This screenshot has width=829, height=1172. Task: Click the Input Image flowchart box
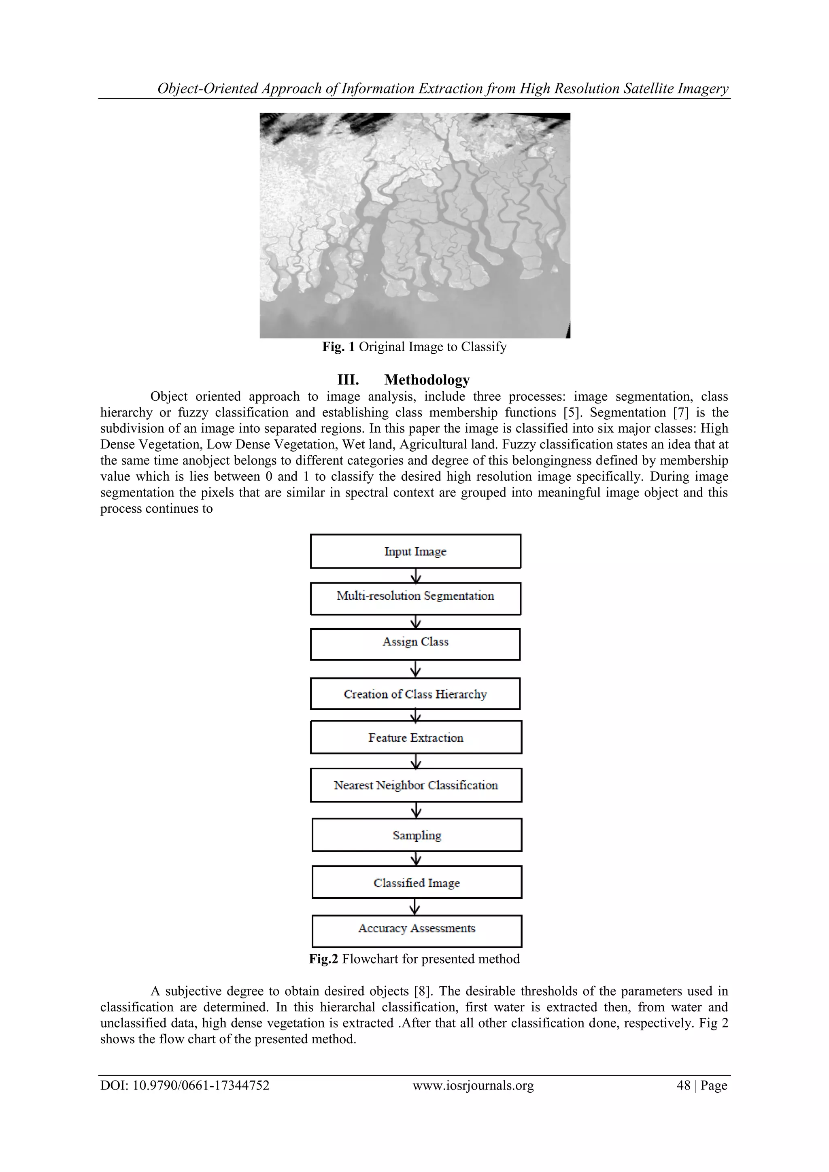pyautogui.click(x=416, y=551)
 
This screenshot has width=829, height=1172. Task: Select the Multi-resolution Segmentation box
pyautogui.click(x=416, y=598)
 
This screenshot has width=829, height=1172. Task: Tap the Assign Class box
pyautogui.click(x=416, y=644)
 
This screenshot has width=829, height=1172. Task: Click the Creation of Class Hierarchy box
pyautogui.click(x=416, y=694)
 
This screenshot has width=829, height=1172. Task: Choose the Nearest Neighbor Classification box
pyautogui.click(x=416, y=785)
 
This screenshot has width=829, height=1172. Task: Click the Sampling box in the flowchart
pyautogui.click(x=417, y=835)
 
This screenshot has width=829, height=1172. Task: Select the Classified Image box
pyautogui.click(x=417, y=883)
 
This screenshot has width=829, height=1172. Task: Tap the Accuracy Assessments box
pyautogui.click(x=417, y=931)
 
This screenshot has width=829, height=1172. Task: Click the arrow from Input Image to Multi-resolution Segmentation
pyautogui.click(x=416, y=576)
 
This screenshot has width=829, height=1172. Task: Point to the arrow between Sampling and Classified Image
pyautogui.click(x=417, y=859)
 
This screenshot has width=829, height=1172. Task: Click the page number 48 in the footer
pyautogui.click(x=684, y=1085)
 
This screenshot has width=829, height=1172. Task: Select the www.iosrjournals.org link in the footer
pyautogui.click(x=473, y=1085)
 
